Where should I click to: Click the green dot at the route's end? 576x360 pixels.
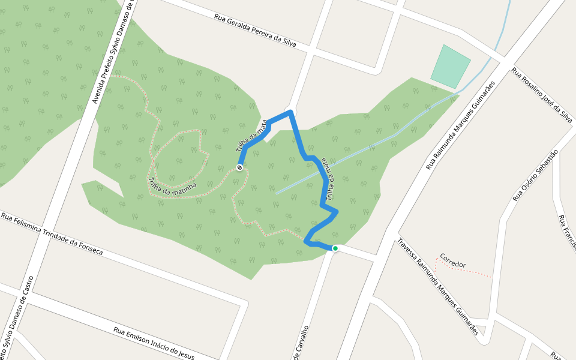[x=335, y=248]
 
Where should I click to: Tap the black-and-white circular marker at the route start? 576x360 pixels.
[x=239, y=167]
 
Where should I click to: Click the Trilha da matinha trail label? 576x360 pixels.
[x=172, y=186]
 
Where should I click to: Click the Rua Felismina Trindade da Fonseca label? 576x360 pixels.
[x=52, y=233]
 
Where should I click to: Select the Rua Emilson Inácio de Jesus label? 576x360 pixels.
[x=154, y=343]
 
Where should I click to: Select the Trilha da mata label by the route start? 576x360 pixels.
[x=251, y=137]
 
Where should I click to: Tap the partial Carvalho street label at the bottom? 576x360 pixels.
[x=301, y=344]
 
